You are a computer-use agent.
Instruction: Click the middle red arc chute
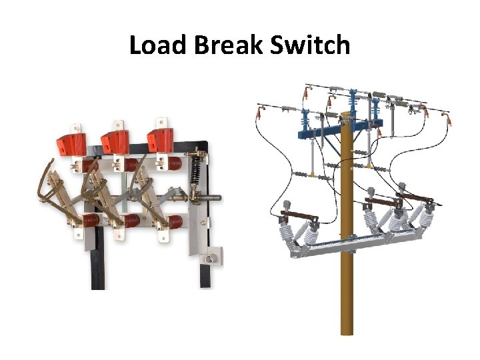116,141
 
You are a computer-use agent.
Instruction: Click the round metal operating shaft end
217,197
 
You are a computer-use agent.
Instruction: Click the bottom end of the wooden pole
347,330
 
